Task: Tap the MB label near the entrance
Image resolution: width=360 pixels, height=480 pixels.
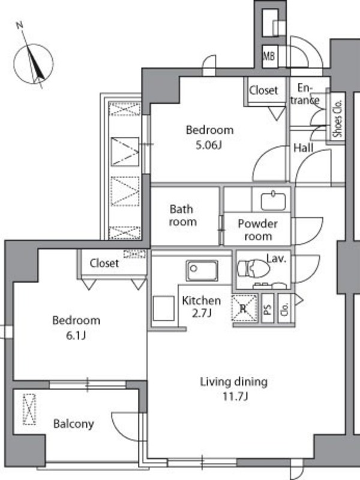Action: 269,56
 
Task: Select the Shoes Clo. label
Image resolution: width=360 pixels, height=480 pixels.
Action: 337,118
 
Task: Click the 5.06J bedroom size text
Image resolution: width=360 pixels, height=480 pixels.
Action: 209,145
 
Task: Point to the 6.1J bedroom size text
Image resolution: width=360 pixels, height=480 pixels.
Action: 76,335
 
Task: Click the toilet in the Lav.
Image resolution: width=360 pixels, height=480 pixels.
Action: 253,268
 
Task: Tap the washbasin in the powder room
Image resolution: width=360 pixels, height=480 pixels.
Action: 274,201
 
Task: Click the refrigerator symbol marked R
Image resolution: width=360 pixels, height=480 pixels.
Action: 244,308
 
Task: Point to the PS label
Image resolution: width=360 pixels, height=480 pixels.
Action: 268,308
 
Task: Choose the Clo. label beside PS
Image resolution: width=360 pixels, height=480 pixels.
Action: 284,309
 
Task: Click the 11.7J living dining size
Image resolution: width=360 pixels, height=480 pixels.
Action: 235,397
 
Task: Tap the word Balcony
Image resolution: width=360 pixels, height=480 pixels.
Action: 73,424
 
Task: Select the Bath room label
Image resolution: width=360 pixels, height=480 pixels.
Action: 182,215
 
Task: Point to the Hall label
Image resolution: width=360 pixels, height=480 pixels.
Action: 304,148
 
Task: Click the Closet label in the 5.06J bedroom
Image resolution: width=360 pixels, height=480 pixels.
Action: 263,90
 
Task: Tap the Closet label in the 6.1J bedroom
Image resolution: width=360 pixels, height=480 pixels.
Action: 104,263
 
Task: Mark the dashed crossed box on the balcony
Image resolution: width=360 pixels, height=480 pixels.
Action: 29,409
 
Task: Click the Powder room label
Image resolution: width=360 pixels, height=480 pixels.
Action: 258,230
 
